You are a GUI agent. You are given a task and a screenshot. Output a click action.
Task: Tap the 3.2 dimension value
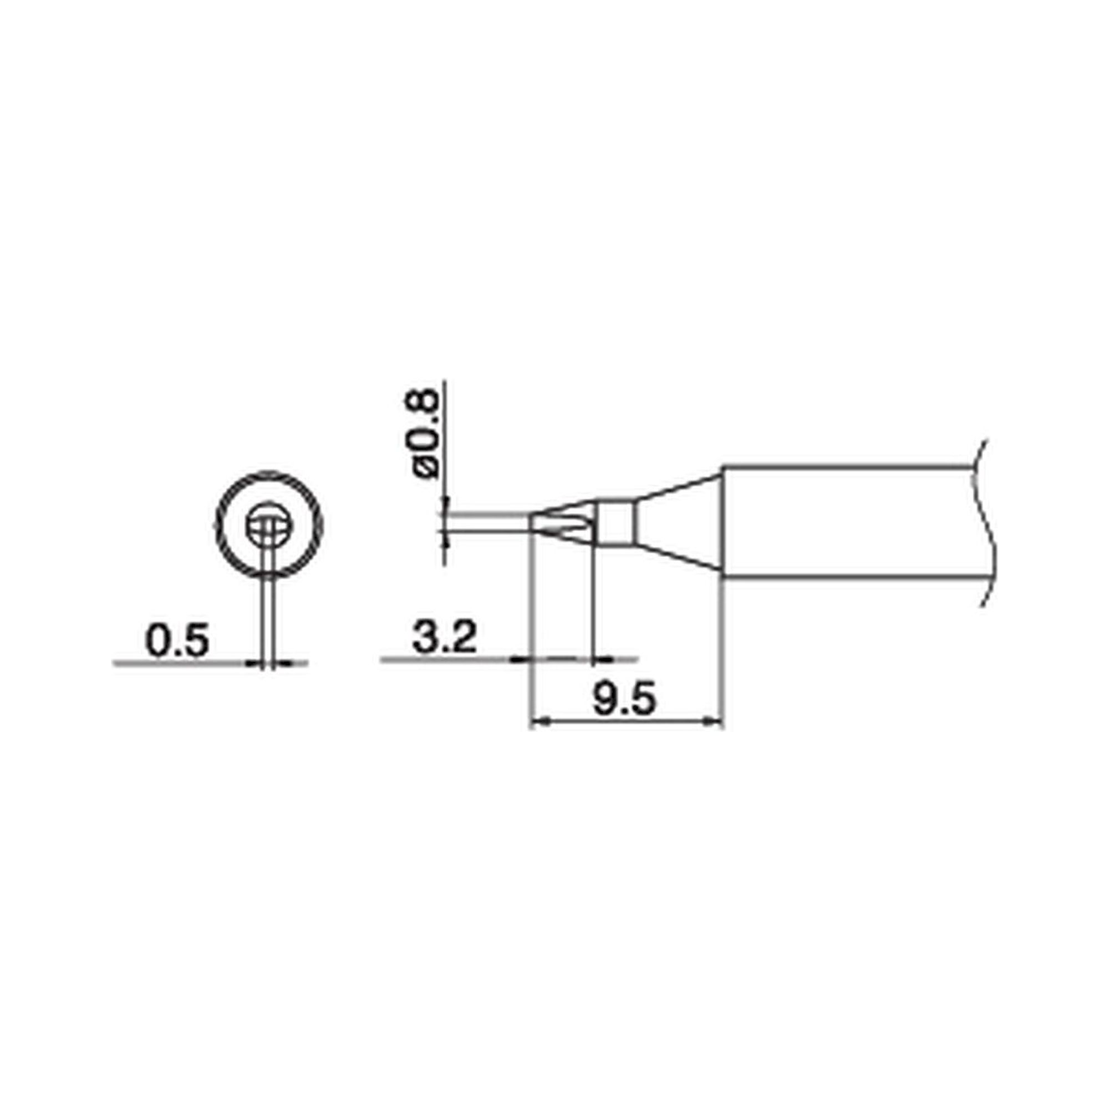coord(444,637)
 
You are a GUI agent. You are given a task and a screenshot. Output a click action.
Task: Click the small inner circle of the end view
coord(269,526)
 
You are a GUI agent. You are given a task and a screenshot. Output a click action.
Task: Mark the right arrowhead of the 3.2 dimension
coord(602,659)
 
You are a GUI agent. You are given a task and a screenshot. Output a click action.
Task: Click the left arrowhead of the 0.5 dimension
coord(255,664)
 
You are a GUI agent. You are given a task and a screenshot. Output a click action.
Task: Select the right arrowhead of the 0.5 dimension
coord(283,664)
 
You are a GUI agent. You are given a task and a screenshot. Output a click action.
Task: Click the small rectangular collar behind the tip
coord(615,523)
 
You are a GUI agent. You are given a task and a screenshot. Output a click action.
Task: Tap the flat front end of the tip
coord(529,523)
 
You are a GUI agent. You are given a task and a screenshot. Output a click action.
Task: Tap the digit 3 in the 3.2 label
coord(425,637)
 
